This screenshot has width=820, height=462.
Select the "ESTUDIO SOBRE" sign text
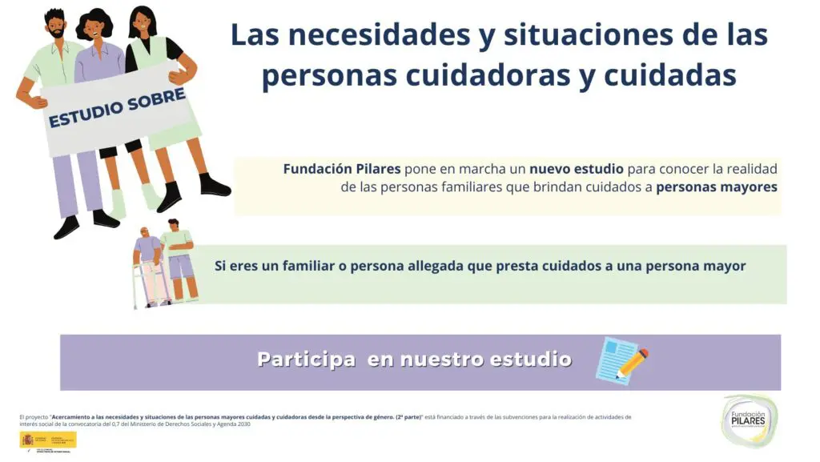pyautogui.click(x=117, y=108)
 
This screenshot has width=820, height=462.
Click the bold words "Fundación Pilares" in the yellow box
pyautogui.click(x=342, y=169)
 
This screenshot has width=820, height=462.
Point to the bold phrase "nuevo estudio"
pyautogui.click(x=577, y=169)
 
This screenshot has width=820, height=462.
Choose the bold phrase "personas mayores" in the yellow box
pyautogui.click(x=717, y=188)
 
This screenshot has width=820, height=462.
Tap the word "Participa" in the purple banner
pyautogui.click(x=306, y=360)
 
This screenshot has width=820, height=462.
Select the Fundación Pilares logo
pyautogui.click(x=749, y=420)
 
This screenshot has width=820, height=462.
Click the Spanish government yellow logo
pyautogui.click(x=48, y=440)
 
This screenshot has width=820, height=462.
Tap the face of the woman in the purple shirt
pyautogui.click(x=95, y=29)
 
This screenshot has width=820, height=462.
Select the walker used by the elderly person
pyautogui.click(x=152, y=284)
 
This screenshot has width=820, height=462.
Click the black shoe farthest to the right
pyautogui.click(x=214, y=186)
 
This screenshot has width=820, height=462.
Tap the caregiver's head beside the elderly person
pyautogui.click(x=174, y=225)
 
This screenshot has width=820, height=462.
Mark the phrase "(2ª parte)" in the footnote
pyautogui.click(x=409, y=417)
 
